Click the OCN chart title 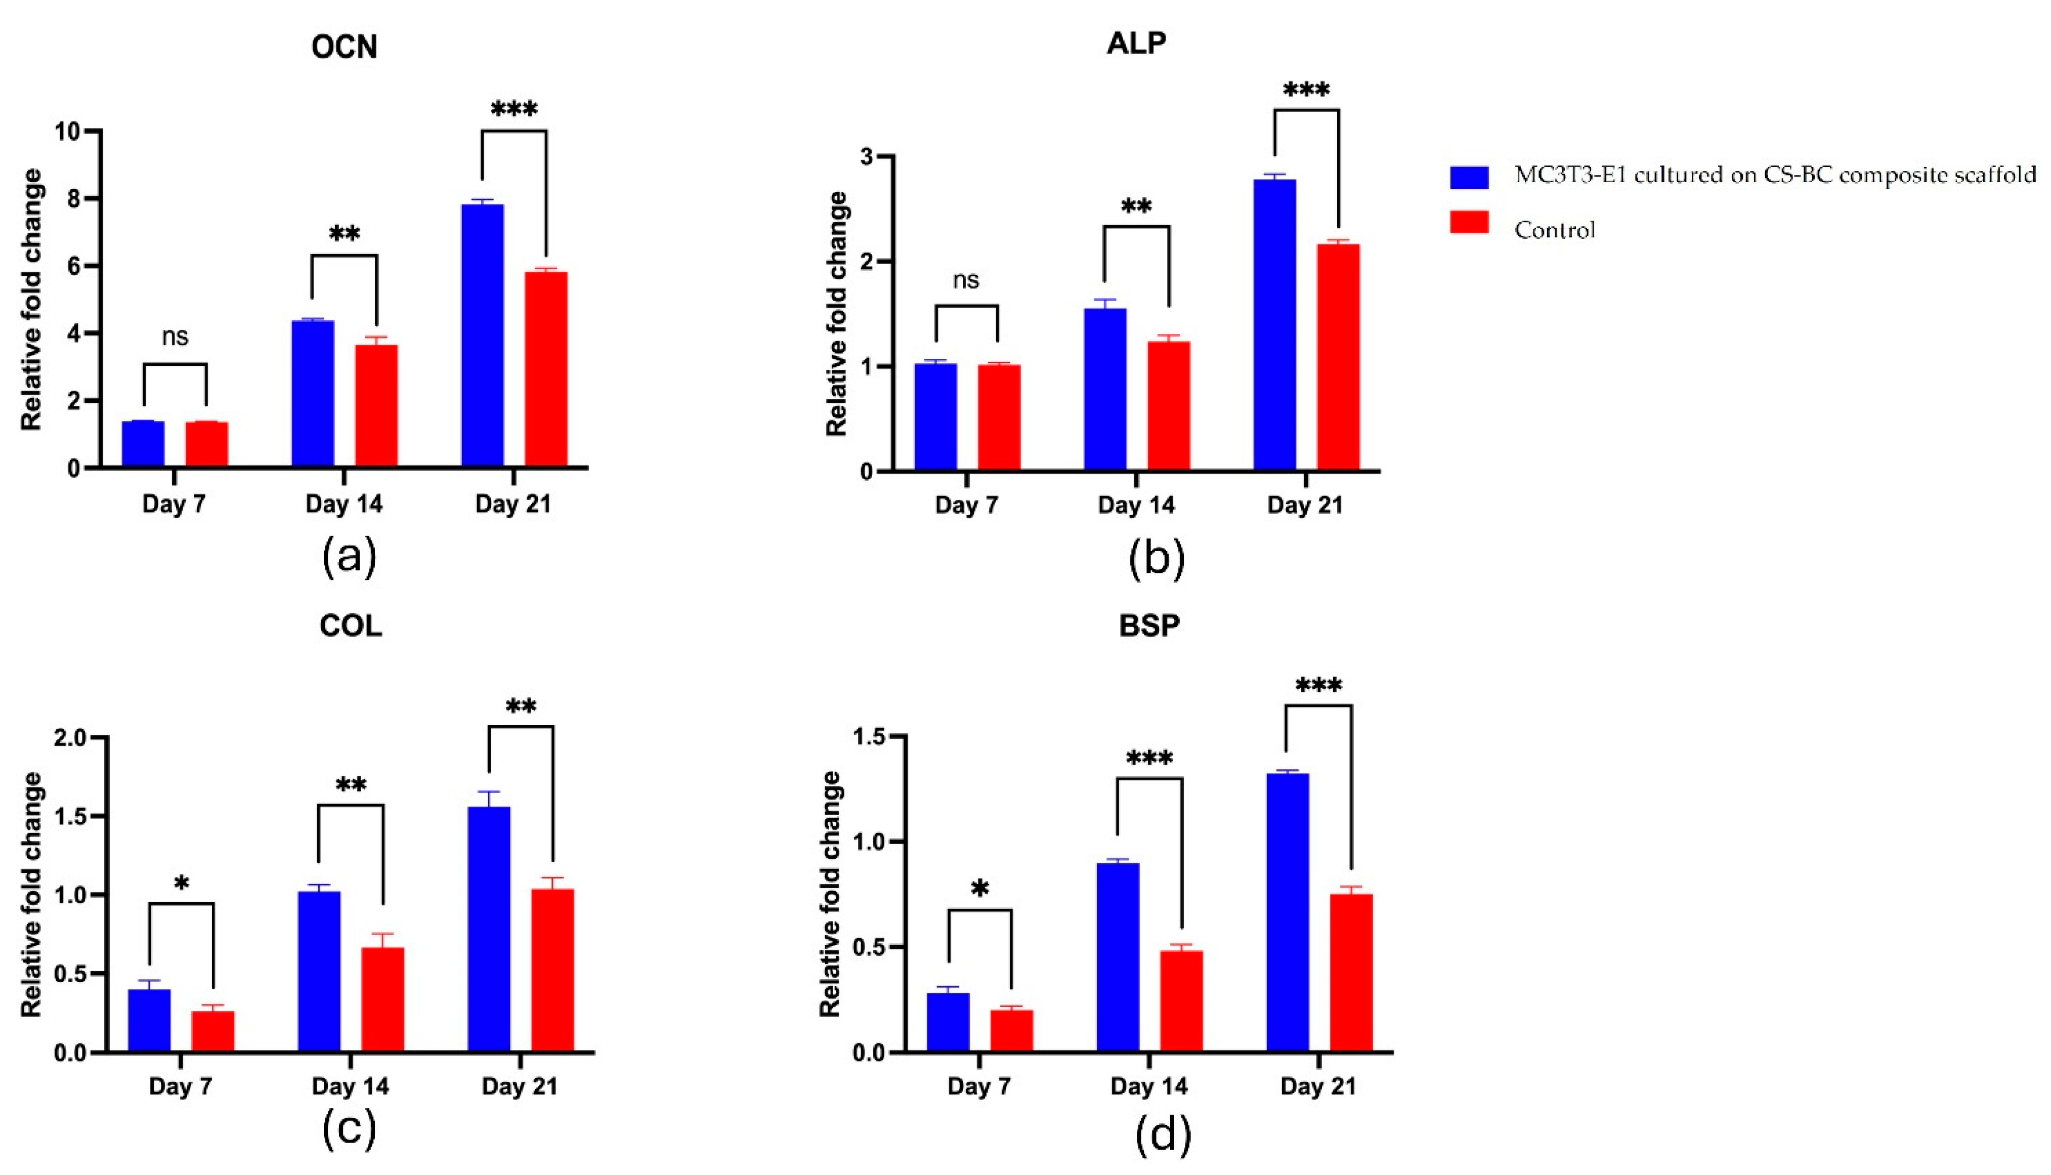click(345, 47)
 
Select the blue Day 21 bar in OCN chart click(483, 335)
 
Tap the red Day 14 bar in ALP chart click(1168, 405)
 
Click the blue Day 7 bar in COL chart click(149, 1020)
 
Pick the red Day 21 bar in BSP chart click(1351, 973)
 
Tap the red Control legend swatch click(1469, 222)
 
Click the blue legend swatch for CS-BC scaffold click(1469, 177)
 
